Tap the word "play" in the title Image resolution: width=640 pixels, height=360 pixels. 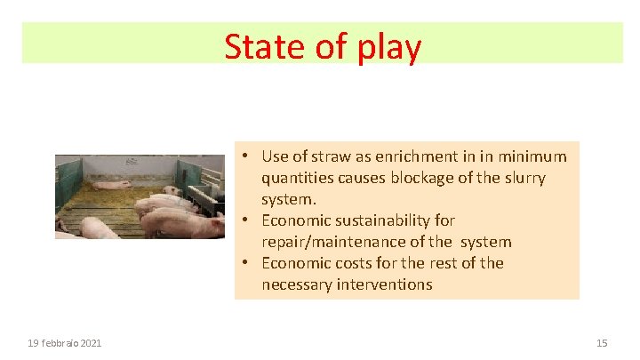tap(388, 48)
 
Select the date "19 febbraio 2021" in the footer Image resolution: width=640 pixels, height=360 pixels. tap(64, 342)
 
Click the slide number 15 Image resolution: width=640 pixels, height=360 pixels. tap(602, 342)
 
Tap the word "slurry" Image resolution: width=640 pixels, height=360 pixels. tap(521, 178)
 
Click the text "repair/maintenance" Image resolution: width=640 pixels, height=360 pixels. tap(333, 242)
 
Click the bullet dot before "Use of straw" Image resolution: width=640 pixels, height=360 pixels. tap(243, 157)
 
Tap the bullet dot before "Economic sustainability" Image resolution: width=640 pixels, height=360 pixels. tap(243, 221)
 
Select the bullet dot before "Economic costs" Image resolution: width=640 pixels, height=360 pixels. tap(243, 264)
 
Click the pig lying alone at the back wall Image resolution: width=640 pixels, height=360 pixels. tap(111, 186)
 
